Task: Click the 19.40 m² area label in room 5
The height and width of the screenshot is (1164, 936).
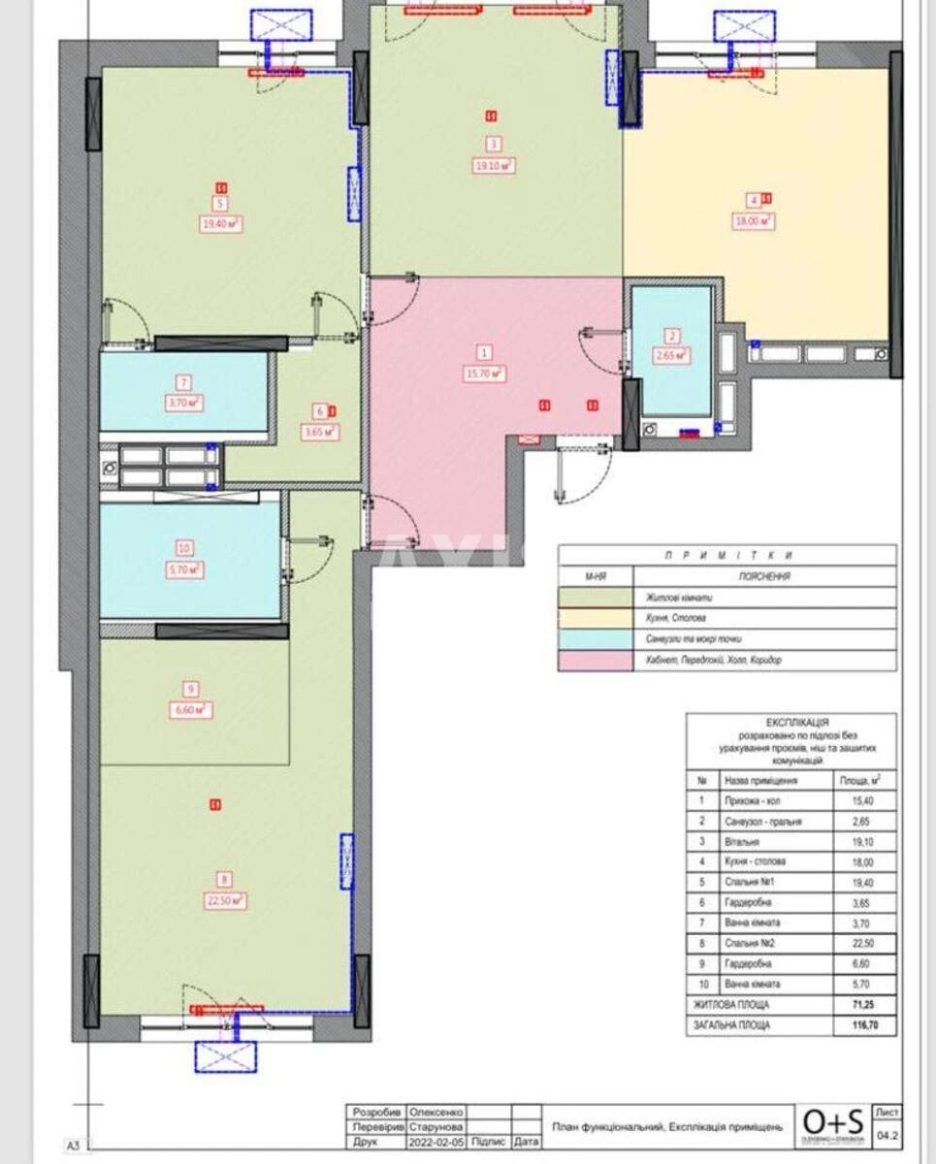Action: point(221,222)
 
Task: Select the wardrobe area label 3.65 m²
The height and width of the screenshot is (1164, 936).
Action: point(321,433)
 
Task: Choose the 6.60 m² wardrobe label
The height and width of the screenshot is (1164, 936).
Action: point(191,710)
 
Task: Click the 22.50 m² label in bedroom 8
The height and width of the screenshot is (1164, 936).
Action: point(225,900)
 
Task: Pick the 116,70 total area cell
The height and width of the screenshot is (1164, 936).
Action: point(862,1025)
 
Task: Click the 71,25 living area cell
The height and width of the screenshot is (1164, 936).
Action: point(862,1006)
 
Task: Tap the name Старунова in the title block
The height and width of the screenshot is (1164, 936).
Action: point(436,1127)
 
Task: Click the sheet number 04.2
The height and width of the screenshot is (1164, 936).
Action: point(888,1131)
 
